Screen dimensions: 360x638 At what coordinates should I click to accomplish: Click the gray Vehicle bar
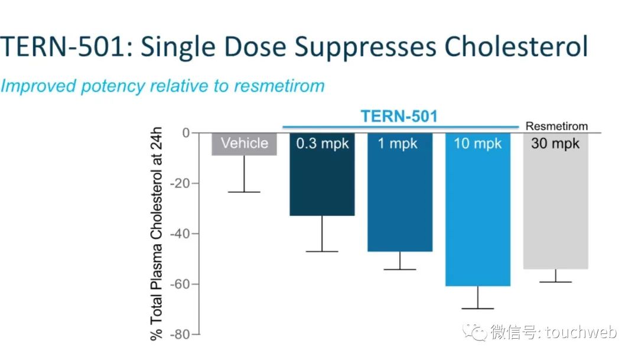(x=244, y=144)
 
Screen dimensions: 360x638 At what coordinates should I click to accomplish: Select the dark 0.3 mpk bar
(x=322, y=177)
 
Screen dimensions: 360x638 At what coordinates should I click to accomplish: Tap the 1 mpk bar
(x=399, y=195)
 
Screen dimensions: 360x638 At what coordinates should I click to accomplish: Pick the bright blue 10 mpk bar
(x=477, y=213)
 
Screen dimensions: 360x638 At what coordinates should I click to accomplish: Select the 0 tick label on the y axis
(x=186, y=132)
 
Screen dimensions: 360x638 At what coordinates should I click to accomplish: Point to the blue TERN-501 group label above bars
(x=399, y=116)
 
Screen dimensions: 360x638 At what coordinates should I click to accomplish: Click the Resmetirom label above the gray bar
(x=556, y=126)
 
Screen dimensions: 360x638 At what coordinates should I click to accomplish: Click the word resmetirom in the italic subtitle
(x=279, y=86)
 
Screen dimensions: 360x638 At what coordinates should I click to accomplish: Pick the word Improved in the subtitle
(x=39, y=86)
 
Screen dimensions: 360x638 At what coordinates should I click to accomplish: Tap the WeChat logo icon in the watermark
(x=476, y=332)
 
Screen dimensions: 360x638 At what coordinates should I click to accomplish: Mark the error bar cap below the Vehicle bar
(x=244, y=192)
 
